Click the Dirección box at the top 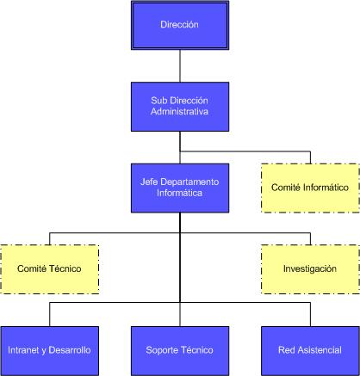179,26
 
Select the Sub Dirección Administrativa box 179,106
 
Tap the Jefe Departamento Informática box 179,188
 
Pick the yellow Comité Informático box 309,188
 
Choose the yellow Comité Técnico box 49,269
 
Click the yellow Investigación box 309,269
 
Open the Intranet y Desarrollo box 49,350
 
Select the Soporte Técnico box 179,350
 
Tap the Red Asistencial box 309,350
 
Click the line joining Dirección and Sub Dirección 179,66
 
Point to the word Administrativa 179,112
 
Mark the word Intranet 22,350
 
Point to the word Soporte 163,350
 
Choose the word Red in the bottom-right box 286,350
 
